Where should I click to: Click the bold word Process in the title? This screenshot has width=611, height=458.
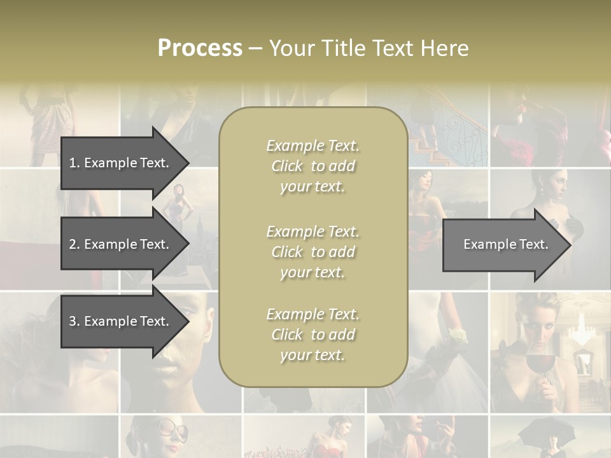(x=200, y=48)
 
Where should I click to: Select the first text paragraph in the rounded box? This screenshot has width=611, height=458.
(x=313, y=166)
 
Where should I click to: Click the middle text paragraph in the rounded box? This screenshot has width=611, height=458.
(x=313, y=252)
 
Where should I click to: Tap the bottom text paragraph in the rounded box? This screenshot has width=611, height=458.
(x=313, y=335)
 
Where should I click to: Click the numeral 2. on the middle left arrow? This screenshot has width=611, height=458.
(x=74, y=244)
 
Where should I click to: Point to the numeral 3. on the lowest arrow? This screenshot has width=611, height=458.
(x=74, y=321)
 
